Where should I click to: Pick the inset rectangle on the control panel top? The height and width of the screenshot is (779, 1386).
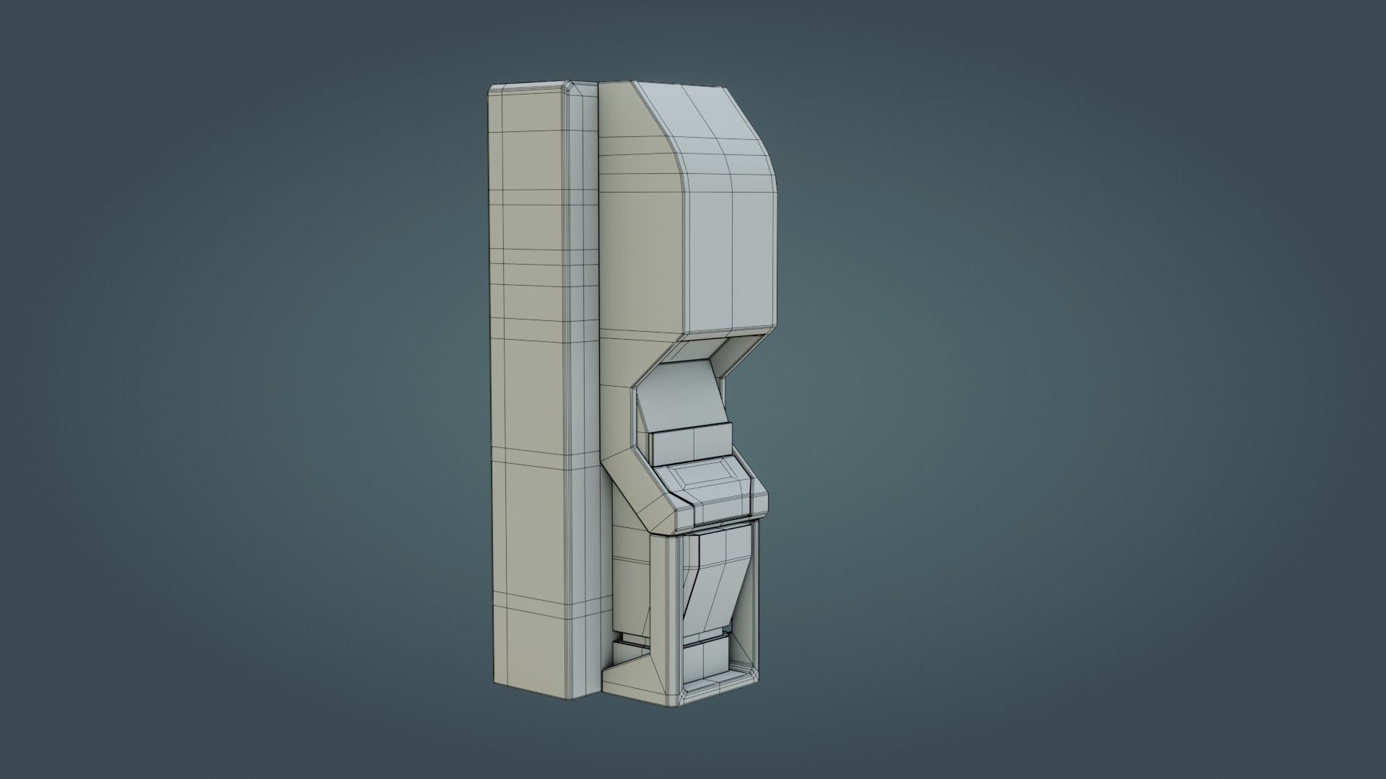[x=704, y=476]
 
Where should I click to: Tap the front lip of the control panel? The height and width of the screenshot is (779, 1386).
[x=722, y=510]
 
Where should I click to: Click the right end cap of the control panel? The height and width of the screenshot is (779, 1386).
[x=758, y=498]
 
